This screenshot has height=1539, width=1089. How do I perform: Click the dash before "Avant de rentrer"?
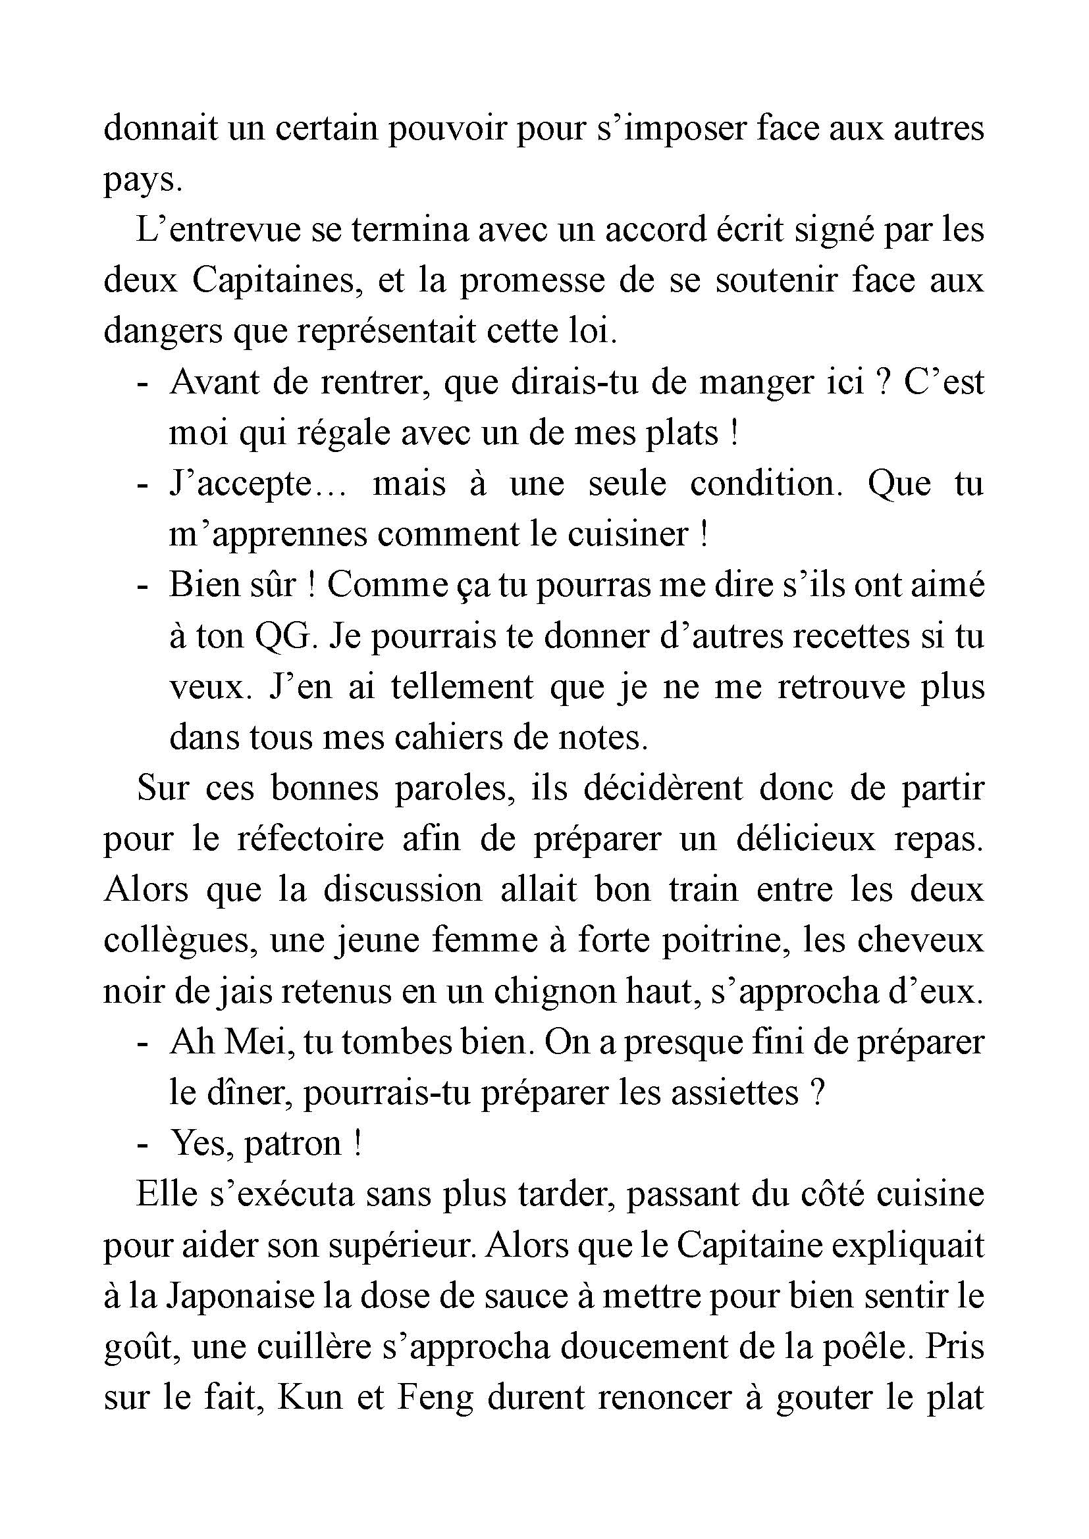click(142, 384)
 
